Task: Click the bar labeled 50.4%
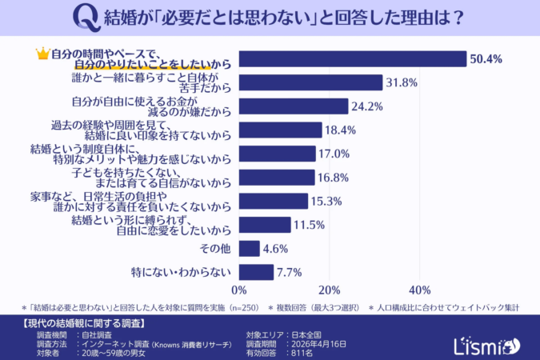(x=352, y=59)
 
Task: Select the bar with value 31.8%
(x=310, y=82)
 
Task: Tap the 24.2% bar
(x=294, y=106)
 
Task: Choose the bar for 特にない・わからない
(x=256, y=272)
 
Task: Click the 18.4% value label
(x=339, y=130)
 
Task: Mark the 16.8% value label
(x=334, y=177)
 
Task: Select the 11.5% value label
(x=310, y=225)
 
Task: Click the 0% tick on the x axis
(x=238, y=290)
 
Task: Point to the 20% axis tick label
(x=330, y=290)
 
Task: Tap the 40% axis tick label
(x=419, y=290)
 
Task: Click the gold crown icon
(x=42, y=54)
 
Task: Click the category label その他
(x=216, y=249)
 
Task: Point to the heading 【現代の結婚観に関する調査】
(x=80, y=324)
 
